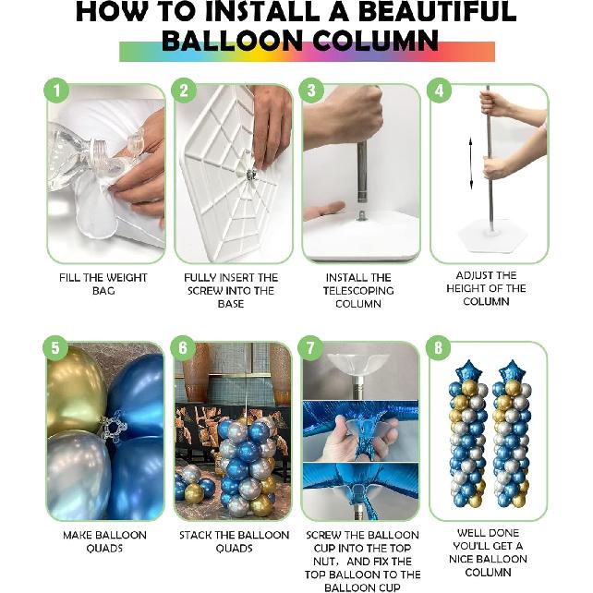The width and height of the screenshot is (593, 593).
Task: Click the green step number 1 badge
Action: [x=57, y=91]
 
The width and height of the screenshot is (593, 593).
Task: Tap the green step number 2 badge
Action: [x=185, y=91]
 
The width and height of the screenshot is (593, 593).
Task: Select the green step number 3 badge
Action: [x=312, y=91]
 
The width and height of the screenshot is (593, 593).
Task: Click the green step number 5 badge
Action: [x=57, y=348]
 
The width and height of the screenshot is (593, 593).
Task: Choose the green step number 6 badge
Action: [x=185, y=348]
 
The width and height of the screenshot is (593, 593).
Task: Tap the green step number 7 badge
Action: [x=312, y=348]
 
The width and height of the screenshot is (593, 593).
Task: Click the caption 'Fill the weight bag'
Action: [x=103, y=284]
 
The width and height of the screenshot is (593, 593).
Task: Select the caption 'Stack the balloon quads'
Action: [x=230, y=541]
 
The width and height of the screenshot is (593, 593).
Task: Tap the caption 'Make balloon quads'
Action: [x=103, y=535]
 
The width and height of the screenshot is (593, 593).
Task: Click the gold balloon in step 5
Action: [x=74, y=388]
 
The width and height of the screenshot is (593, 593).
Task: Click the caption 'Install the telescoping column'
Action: [x=358, y=290]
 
